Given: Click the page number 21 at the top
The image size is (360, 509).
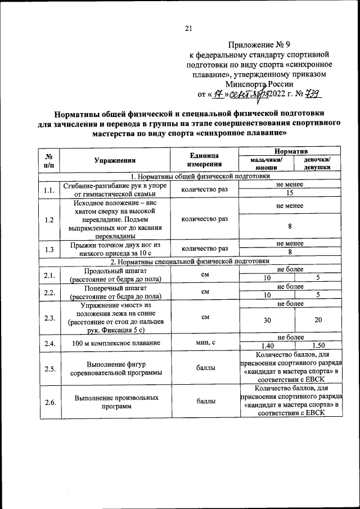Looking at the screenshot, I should pyautogui.click(x=188, y=29).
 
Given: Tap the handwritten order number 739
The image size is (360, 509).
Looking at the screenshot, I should pyautogui.click(x=313, y=93).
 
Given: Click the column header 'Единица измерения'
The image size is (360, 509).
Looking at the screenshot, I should pyautogui.click(x=204, y=160).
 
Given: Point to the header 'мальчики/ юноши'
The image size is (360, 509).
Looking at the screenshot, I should pyautogui.click(x=265, y=164).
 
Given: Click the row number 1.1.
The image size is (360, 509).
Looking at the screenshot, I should pyautogui.click(x=49, y=190).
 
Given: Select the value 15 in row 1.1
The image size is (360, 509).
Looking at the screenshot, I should pyautogui.click(x=290, y=194).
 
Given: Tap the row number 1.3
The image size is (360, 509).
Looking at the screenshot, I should pyautogui.click(x=49, y=248).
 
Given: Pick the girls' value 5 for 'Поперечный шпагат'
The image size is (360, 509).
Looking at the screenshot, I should pyautogui.click(x=318, y=294).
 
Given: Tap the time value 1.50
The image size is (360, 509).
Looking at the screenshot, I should pyautogui.click(x=318, y=346).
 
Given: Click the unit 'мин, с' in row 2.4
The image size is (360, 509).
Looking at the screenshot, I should pyautogui.click(x=204, y=342).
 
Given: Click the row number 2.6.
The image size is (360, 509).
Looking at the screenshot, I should pyautogui.click(x=49, y=402).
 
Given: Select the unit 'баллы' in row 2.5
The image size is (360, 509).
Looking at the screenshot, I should pyautogui.click(x=204, y=368).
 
